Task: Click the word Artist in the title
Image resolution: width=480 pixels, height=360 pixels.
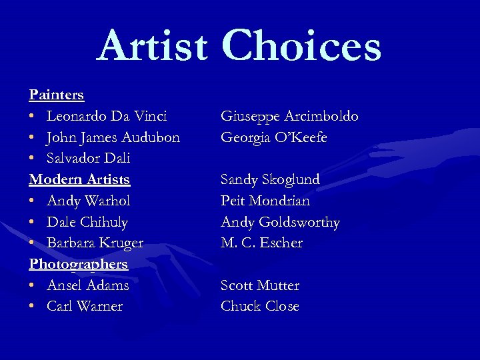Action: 152,47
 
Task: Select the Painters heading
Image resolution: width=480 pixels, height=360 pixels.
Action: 56,95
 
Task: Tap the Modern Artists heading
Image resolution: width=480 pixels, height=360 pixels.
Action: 79,179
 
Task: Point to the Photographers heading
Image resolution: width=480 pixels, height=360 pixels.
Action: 78,264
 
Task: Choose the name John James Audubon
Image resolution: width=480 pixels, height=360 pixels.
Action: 113,137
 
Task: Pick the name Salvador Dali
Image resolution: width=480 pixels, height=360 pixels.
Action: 88,159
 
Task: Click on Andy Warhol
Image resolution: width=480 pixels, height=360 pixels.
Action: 88,201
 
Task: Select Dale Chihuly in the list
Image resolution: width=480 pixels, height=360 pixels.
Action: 87,222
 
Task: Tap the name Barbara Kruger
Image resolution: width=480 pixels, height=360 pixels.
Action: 95,243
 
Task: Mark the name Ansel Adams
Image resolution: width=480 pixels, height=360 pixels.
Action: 87,285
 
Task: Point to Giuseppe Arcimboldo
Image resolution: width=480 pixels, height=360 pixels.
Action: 289,117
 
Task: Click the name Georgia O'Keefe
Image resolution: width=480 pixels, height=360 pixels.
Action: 274,137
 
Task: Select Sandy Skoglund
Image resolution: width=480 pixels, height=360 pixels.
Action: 270,180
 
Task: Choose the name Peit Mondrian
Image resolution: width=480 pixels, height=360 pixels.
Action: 265,201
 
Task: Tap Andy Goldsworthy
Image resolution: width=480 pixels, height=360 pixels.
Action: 280,222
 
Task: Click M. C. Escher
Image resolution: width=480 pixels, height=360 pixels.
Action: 261,243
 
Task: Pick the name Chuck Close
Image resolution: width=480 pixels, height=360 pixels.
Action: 259,307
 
